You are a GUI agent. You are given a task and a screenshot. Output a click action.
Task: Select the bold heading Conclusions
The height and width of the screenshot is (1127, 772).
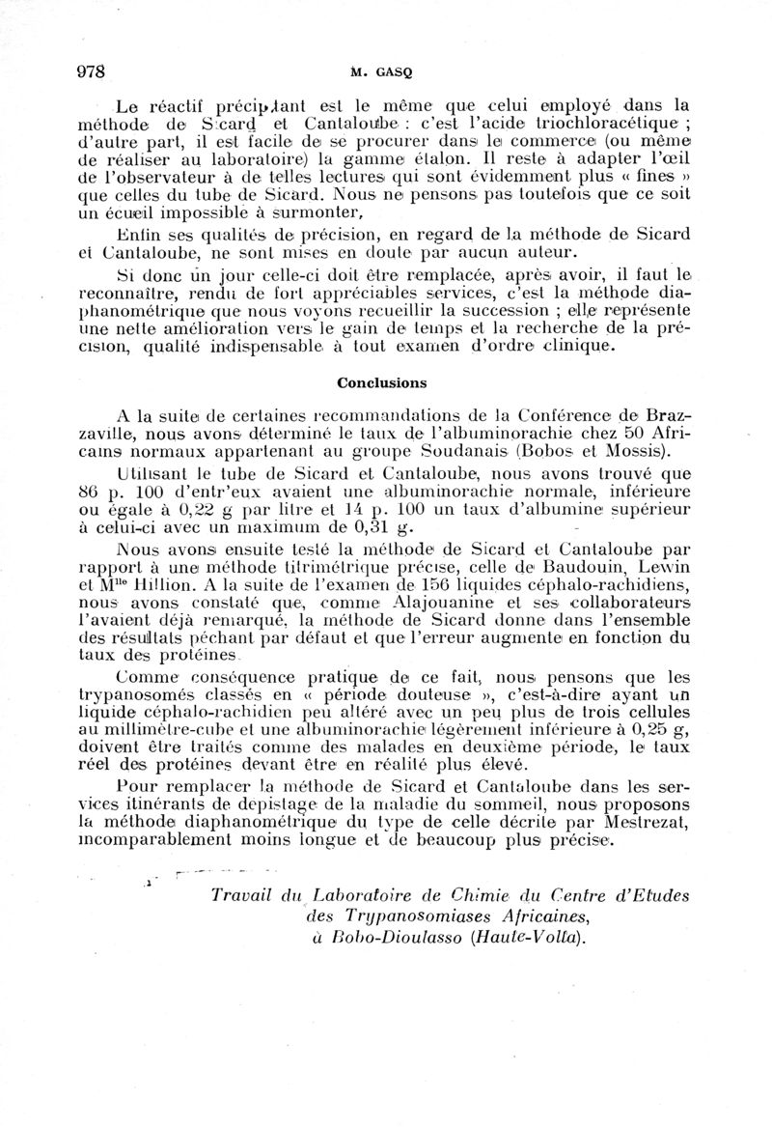coord(384,381)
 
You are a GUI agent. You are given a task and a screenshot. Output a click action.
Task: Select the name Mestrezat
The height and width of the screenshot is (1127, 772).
coord(648,822)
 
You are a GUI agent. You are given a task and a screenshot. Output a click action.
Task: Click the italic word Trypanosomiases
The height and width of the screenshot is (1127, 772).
coord(406,916)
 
